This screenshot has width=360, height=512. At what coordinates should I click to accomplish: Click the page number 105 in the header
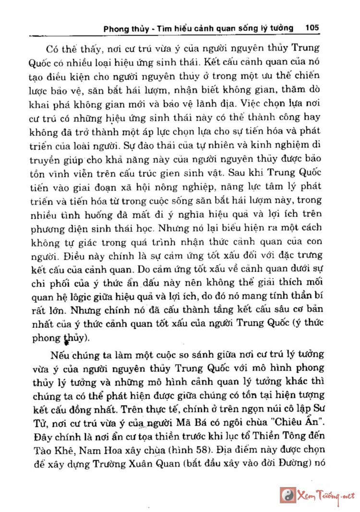[312, 28]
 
